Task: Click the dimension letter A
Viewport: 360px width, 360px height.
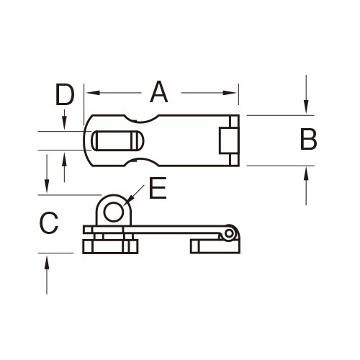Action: point(158,92)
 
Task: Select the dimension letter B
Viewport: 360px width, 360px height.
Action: point(308,140)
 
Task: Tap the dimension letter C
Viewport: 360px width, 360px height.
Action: point(48,223)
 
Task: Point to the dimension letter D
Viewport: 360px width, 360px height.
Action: point(65,94)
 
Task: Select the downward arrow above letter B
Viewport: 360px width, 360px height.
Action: point(306,108)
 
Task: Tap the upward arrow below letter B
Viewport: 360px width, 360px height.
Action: point(306,172)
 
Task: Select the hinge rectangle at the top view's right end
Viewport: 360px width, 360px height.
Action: point(226,140)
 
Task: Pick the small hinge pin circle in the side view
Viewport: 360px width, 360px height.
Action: point(229,233)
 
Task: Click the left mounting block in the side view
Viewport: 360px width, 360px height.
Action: point(110,247)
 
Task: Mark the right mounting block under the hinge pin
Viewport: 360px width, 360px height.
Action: point(213,246)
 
